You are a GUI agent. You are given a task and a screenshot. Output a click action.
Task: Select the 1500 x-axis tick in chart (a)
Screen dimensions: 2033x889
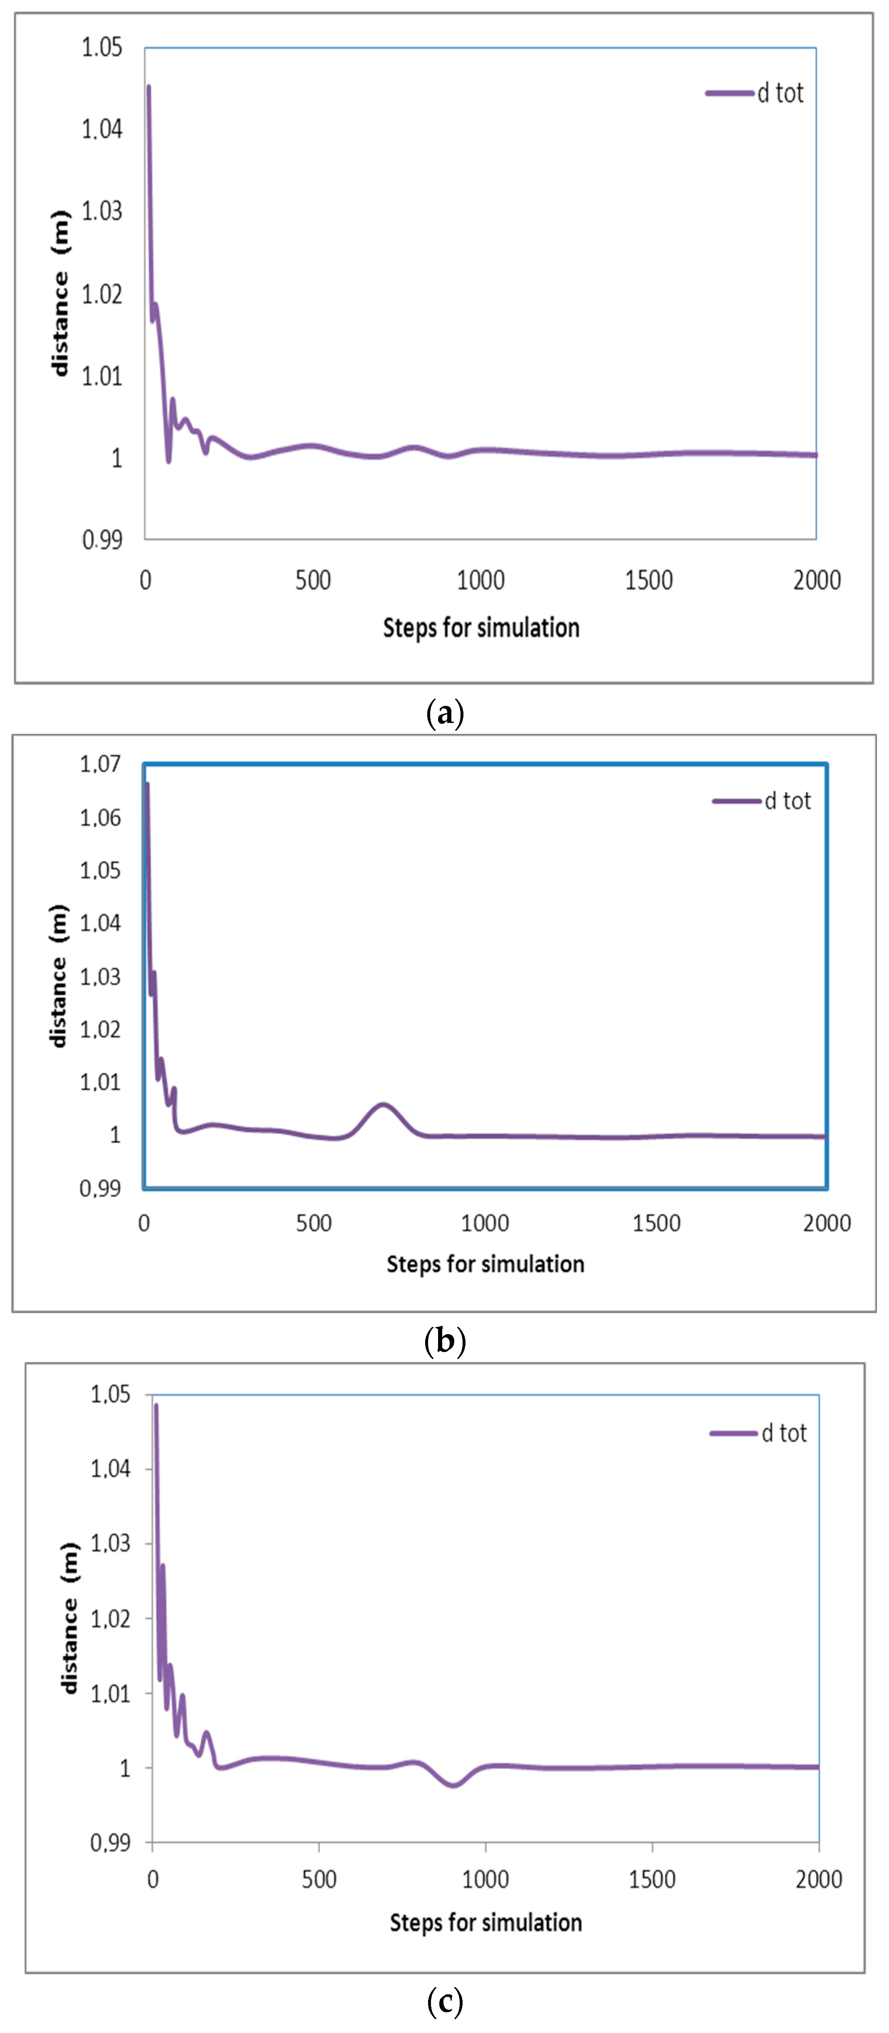[x=648, y=581]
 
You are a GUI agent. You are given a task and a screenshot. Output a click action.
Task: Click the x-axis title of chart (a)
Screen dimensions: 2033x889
[x=481, y=628]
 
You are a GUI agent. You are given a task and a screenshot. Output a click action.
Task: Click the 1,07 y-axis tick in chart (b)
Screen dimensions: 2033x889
[x=100, y=764]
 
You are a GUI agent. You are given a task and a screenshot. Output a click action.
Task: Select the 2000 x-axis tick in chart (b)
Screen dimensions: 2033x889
[x=827, y=1223]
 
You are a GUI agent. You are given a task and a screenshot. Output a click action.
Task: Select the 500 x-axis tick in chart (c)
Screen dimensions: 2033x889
[x=319, y=1879]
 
